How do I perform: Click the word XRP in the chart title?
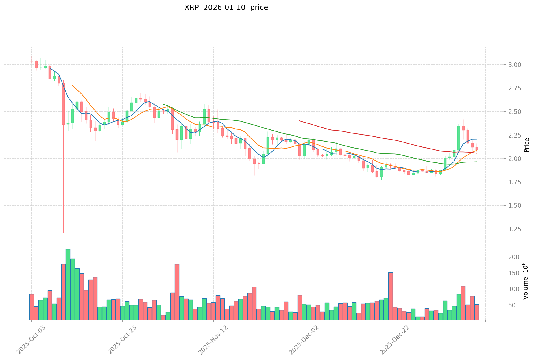click(x=191, y=8)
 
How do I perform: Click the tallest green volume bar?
click(x=68, y=284)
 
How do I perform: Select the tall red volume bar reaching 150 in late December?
click(x=390, y=296)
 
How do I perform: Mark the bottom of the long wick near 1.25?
click(x=63, y=233)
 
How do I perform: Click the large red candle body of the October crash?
click(x=63, y=104)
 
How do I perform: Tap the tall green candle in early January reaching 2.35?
click(x=459, y=138)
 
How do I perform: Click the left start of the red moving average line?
click(x=300, y=121)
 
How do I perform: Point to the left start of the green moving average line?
click(x=163, y=104)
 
